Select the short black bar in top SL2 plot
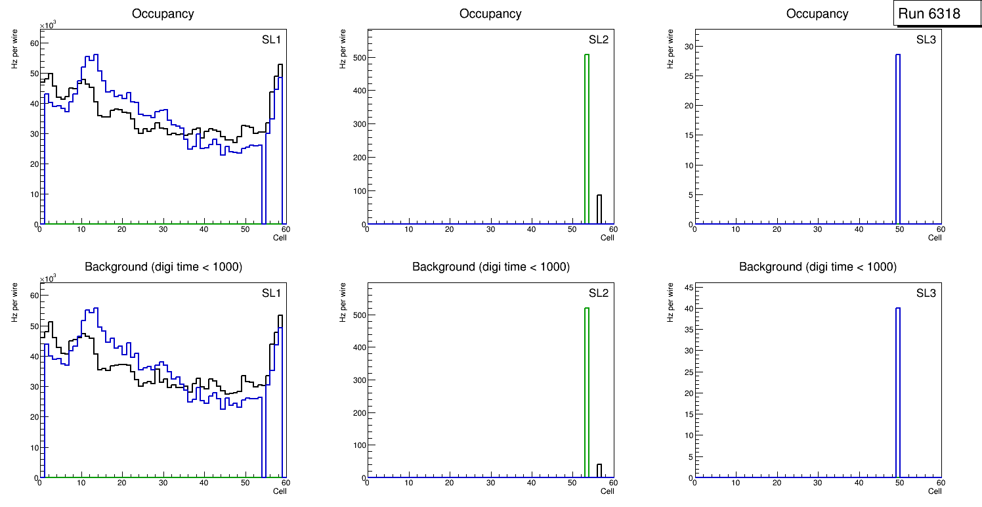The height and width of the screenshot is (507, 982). pyautogui.click(x=599, y=209)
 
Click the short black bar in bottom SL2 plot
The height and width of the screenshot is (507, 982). pyautogui.click(x=599, y=471)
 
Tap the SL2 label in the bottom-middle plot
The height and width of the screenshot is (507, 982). pyautogui.click(x=598, y=293)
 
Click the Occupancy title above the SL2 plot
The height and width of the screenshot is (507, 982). pyautogui.click(x=490, y=14)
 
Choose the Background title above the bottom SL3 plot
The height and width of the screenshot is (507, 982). pyautogui.click(x=817, y=267)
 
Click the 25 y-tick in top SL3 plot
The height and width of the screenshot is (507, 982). pyautogui.click(x=685, y=76)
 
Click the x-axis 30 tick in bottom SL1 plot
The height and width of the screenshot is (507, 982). pyautogui.click(x=163, y=483)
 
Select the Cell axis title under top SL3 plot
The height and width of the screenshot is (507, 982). pyautogui.click(x=935, y=238)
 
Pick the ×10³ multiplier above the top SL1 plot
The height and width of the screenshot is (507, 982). pyautogui.click(x=48, y=26)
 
